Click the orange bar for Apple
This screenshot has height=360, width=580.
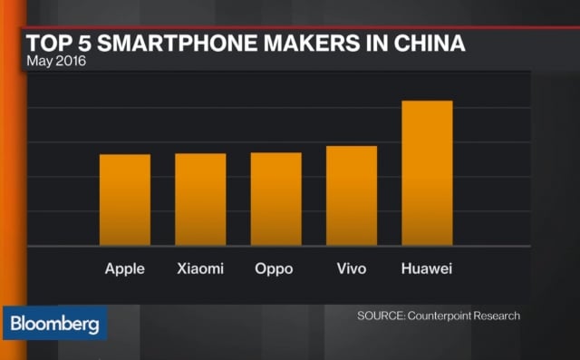coord(125,199)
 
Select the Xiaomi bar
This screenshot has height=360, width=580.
coord(200,199)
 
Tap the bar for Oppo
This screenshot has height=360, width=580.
coord(276,199)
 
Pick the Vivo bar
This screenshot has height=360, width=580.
coord(352,196)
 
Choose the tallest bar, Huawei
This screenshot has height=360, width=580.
coord(427,172)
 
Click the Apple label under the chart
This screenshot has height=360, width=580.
coord(125,269)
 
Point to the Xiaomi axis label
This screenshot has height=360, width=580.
coord(200,269)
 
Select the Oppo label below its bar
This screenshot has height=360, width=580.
coord(275,269)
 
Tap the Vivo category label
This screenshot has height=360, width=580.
coord(351,269)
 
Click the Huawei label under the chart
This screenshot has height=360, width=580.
coord(426,269)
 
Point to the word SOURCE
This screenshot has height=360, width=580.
coord(379,316)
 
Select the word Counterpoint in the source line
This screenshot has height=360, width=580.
coord(440,316)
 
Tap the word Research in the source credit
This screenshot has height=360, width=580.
coord(498,316)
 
